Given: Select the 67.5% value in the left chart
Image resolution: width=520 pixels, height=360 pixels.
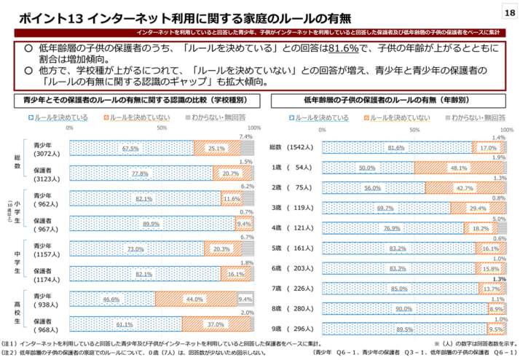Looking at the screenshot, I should (131, 149).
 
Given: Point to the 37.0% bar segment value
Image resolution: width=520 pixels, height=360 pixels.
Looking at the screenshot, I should (216, 324).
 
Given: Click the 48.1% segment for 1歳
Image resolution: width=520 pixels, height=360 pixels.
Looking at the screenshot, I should (458, 168).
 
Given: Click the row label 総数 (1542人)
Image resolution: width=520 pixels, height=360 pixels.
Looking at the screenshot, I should (293, 147).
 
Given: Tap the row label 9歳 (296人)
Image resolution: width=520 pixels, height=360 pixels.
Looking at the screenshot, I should (293, 329).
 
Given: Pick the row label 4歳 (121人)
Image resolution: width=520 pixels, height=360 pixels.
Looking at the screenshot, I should (293, 228).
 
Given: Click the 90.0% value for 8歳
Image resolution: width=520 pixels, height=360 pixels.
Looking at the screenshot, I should (404, 308).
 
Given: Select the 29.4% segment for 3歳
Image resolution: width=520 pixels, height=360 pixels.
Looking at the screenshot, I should (477, 208).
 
